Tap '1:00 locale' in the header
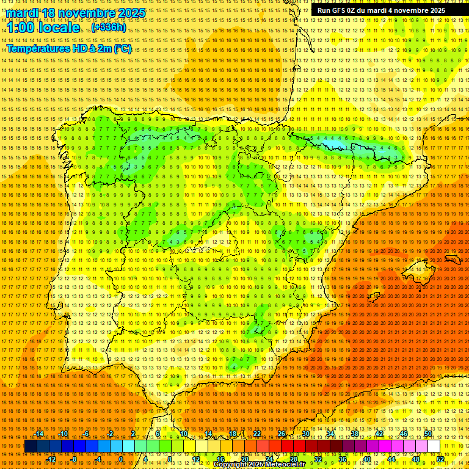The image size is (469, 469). (x=43, y=27)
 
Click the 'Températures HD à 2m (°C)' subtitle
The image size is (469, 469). (x=69, y=48)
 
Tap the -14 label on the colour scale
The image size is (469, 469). (x=40, y=434)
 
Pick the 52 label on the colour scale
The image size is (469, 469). (x=440, y=459)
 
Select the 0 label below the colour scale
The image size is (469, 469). (x=121, y=459)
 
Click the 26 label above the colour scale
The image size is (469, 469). (x=282, y=434)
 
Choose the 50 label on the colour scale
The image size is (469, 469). (x=428, y=434)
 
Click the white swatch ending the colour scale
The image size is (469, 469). (x=434, y=446)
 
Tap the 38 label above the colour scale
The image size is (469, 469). (x=354, y=434)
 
